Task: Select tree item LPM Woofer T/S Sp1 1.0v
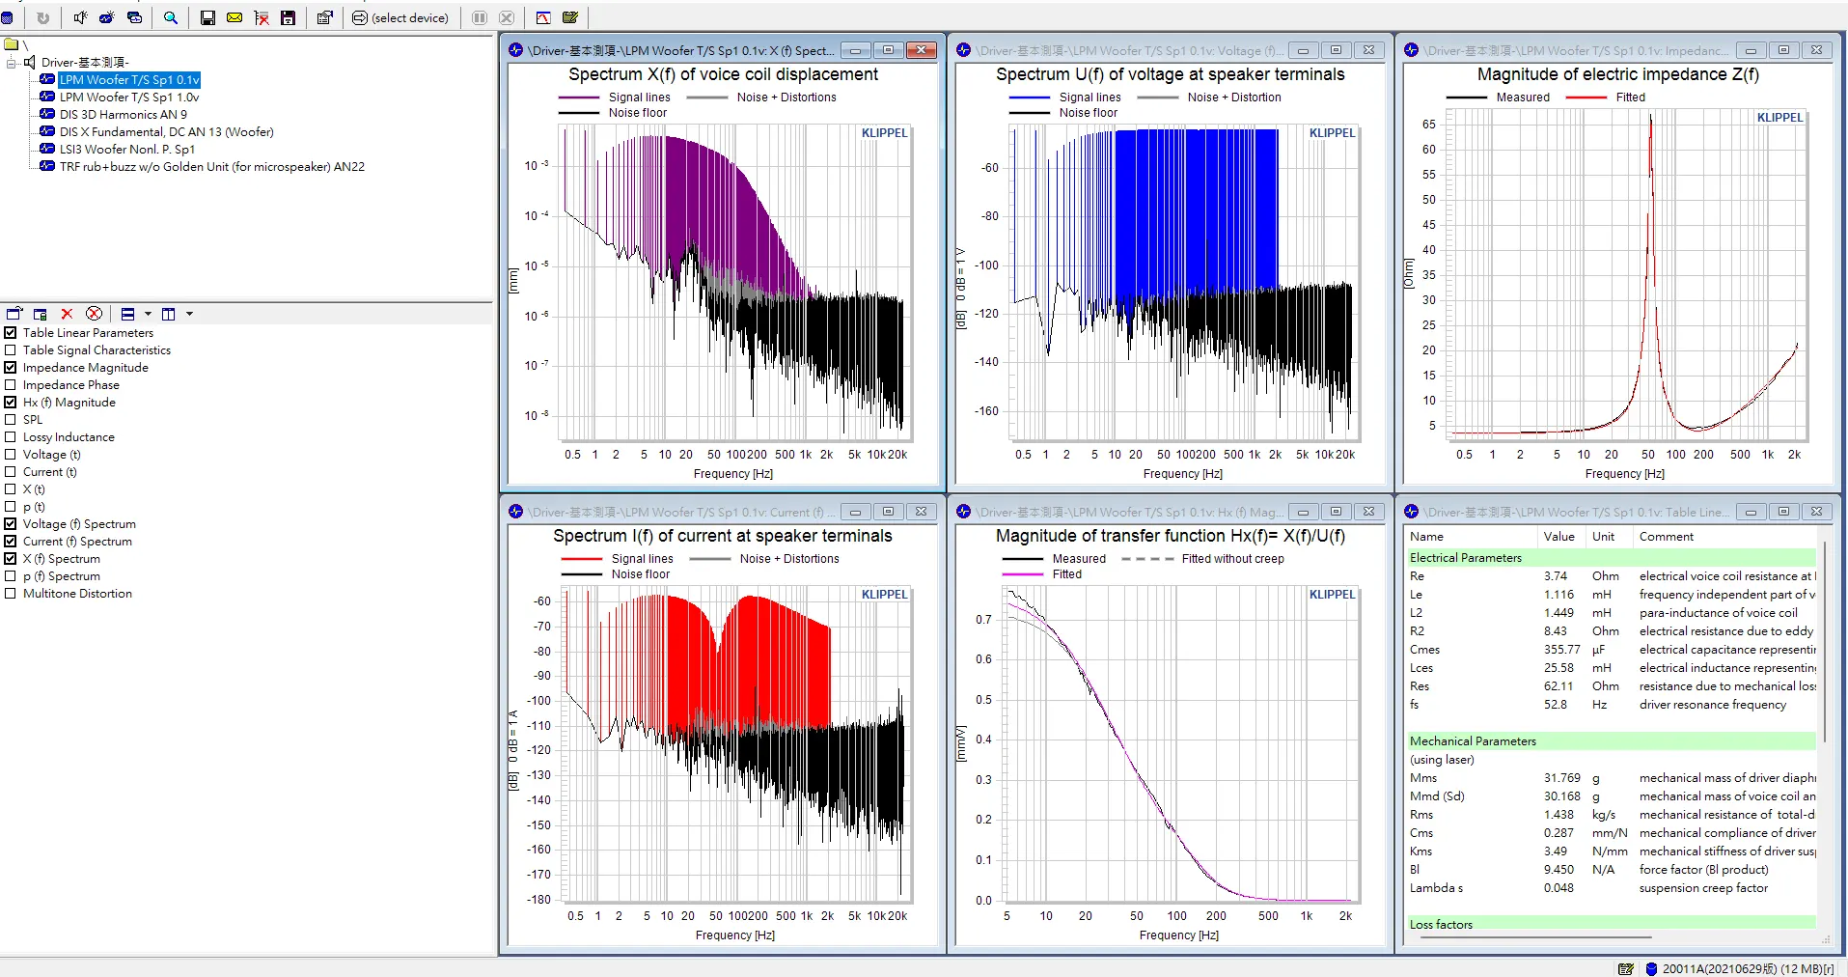coord(128,98)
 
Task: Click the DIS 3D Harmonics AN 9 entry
coord(123,115)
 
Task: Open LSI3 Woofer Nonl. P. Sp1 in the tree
coord(126,150)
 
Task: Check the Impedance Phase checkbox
coord(11,385)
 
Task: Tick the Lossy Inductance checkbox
coord(11,437)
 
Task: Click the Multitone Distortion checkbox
coord(11,594)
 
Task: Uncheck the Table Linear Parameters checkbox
coord(11,333)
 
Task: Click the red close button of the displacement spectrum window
coord(921,50)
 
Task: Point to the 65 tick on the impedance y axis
coord(1428,125)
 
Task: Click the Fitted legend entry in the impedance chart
coord(1630,98)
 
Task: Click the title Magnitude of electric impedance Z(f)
coord(1617,74)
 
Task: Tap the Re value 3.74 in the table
coord(1555,576)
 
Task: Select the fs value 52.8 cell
coord(1555,705)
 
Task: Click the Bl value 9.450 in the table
coord(1558,870)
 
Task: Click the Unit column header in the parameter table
coord(1603,537)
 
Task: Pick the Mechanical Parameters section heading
coord(1473,741)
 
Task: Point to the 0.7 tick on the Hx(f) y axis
coord(983,620)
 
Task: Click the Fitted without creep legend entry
coord(1232,559)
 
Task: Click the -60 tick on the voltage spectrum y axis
coord(990,168)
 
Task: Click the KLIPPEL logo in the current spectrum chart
coord(884,595)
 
